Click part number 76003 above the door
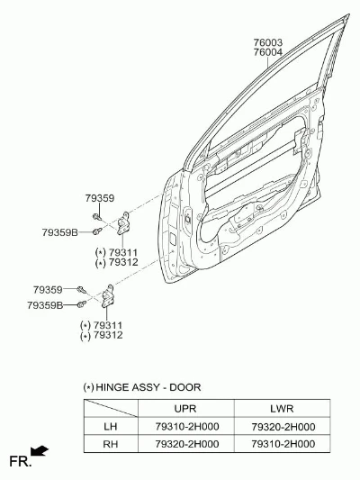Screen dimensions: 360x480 (267, 42)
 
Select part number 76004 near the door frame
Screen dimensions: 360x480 (267, 52)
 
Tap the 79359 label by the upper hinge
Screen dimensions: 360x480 (100, 198)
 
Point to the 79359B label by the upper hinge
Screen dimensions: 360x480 (60, 232)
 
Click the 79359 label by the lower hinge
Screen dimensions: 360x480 (48, 289)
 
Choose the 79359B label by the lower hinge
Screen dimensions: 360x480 (45, 305)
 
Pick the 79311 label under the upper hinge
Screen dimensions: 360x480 (123, 252)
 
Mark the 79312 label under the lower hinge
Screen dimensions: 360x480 (108, 335)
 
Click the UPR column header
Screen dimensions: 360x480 (185, 408)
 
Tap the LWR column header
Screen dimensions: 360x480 (282, 408)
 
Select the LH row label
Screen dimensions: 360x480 (111, 426)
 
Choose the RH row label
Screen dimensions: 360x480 (111, 444)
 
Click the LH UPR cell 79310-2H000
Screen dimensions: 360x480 (187, 426)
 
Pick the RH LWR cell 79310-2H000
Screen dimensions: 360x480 (283, 444)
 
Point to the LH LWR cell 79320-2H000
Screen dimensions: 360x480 (283, 427)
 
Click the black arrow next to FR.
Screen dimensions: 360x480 (40, 450)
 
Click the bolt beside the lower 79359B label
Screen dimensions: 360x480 (82, 304)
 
